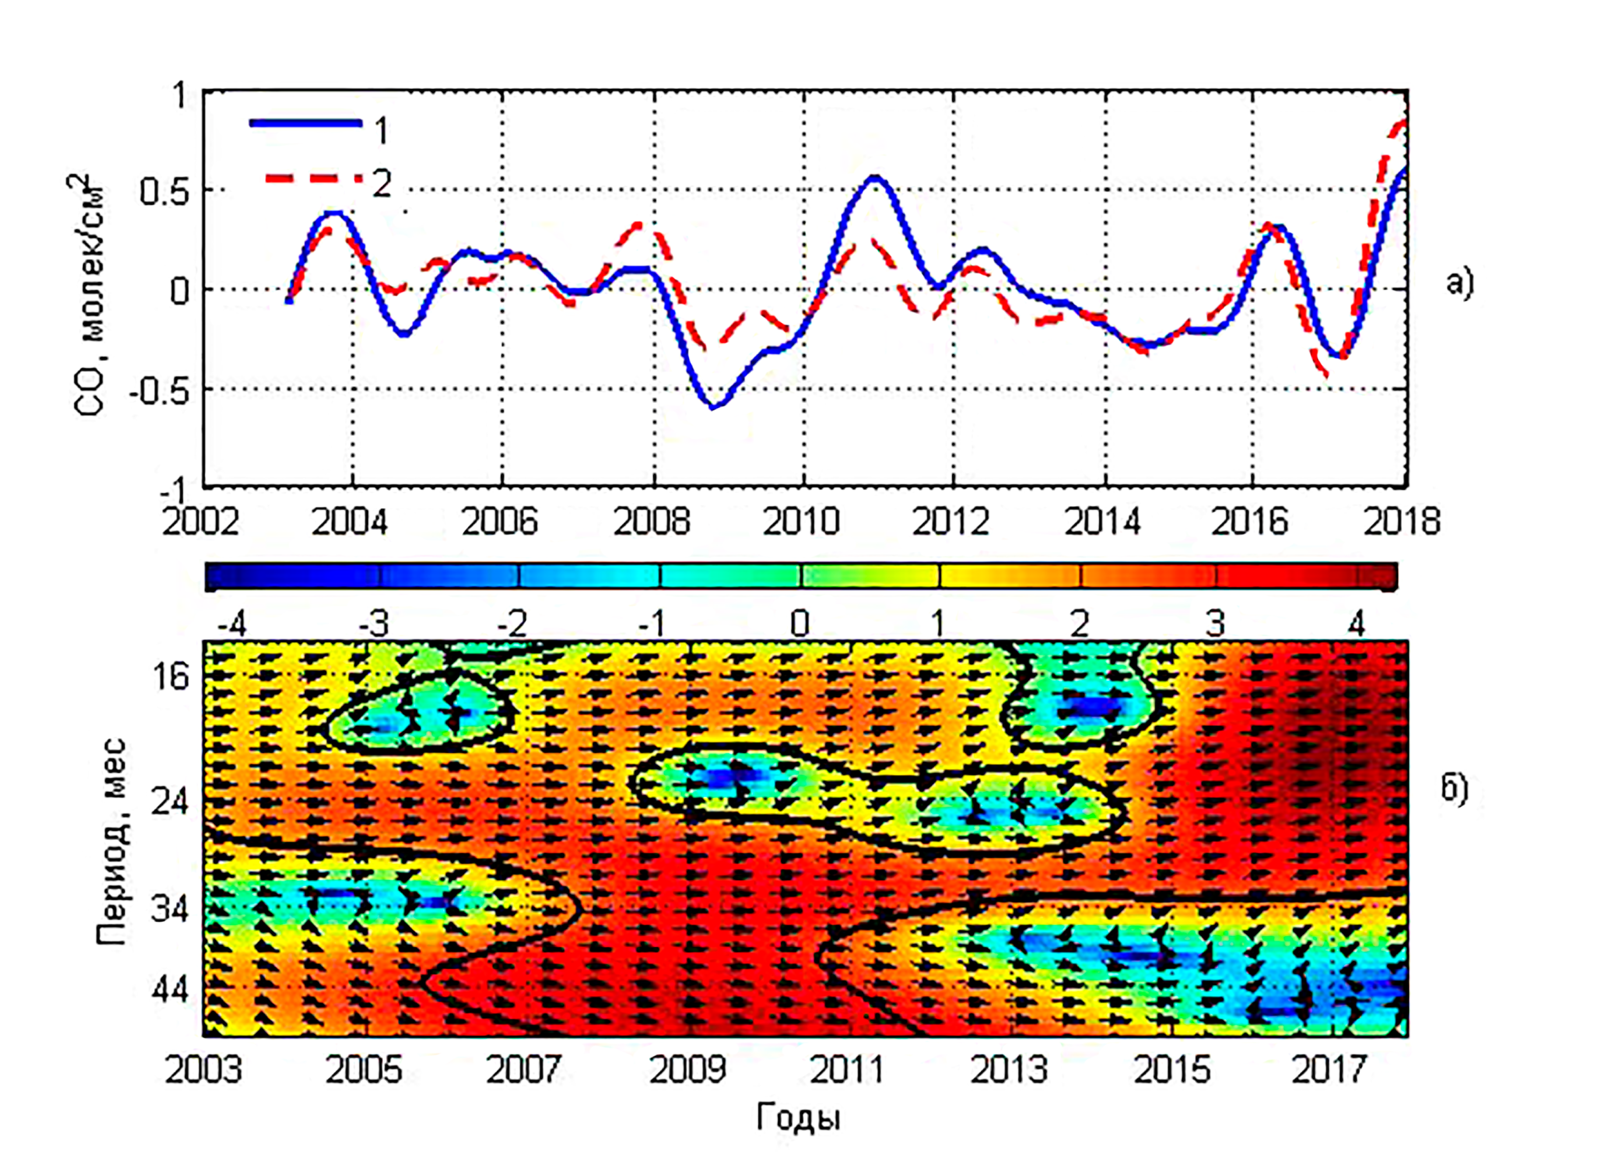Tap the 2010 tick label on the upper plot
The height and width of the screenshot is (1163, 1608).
(801, 522)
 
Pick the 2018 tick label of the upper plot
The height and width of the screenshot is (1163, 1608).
(1402, 522)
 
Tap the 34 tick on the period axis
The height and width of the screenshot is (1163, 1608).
(170, 909)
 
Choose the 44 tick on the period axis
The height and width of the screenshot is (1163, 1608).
(170, 990)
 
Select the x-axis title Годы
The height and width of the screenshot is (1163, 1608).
(799, 1118)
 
